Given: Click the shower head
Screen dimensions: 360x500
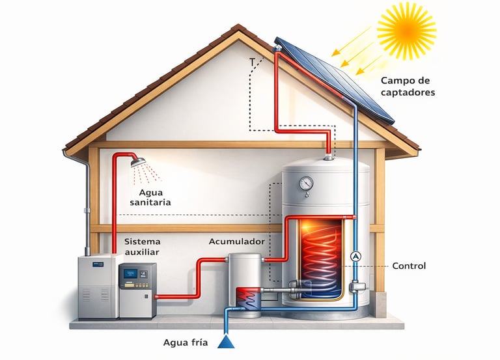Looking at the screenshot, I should (137, 161).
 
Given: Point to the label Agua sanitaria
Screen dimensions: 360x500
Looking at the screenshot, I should (146, 197).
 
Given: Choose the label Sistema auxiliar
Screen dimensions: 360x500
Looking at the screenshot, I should (141, 246).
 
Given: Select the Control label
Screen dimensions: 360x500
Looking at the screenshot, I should (410, 266).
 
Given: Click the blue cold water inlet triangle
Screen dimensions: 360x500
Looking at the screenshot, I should (227, 340).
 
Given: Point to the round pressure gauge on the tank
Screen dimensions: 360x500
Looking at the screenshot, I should (306, 184).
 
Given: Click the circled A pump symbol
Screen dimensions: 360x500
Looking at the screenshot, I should (355, 256).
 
